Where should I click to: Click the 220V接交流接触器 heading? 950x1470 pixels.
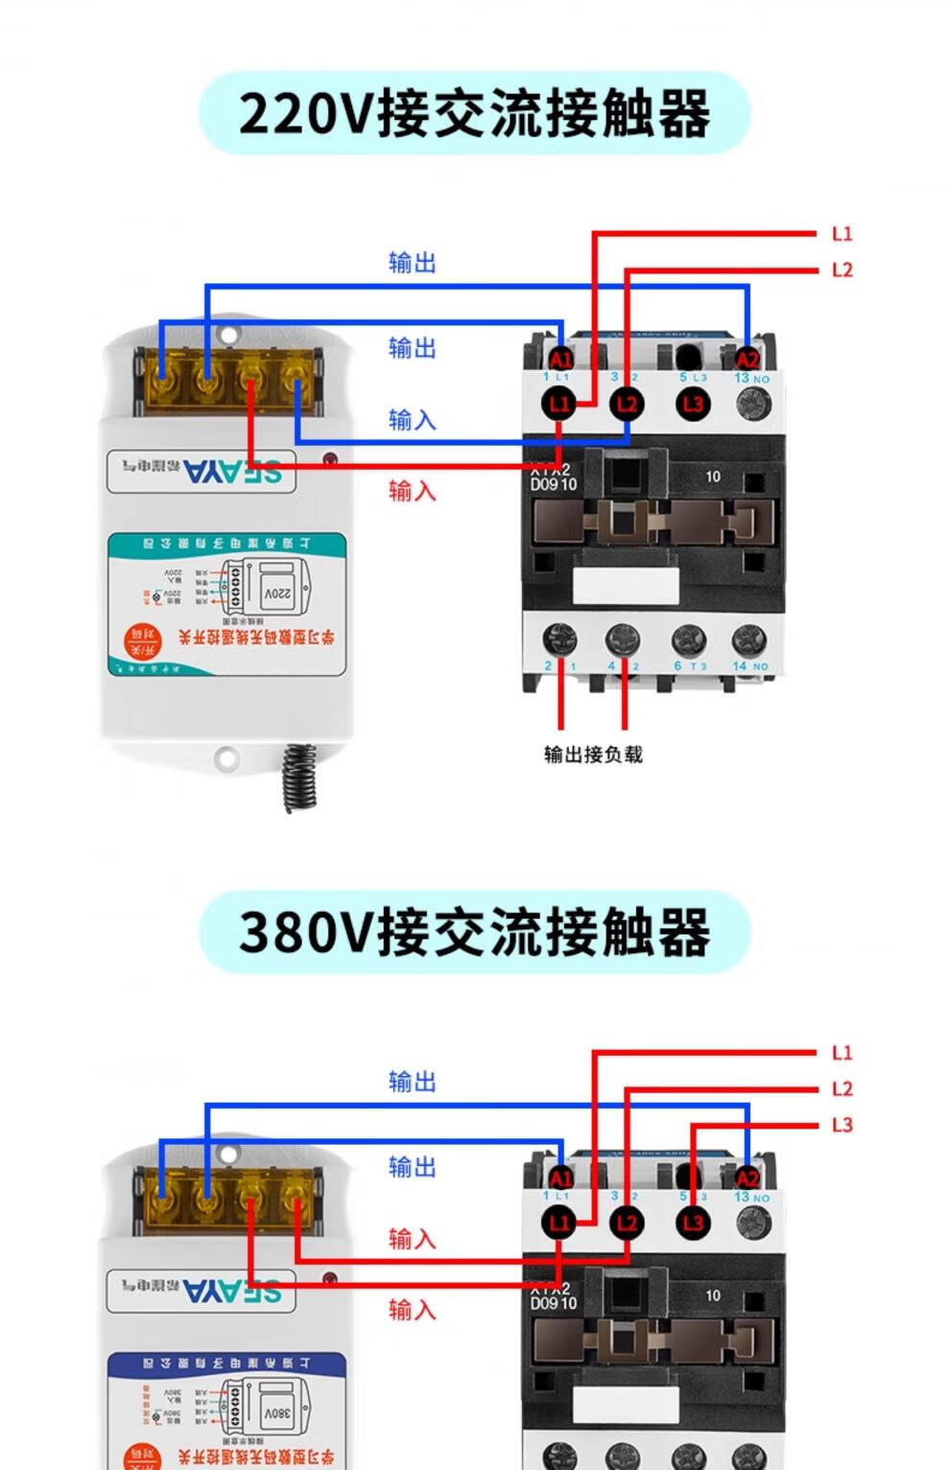point(474,113)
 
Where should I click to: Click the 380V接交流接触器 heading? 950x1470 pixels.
point(474,932)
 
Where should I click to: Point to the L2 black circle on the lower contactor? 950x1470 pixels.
point(627,1223)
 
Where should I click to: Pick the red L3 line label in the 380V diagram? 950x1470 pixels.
point(842,1125)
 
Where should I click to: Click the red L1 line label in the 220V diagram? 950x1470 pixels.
point(842,234)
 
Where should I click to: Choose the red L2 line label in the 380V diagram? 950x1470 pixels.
point(842,1089)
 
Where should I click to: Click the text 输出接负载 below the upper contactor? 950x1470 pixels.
point(593,755)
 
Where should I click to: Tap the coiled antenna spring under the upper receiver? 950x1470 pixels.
point(299,777)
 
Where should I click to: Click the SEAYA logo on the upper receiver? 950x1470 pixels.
point(233,471)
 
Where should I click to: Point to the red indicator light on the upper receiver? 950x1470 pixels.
point(329,459)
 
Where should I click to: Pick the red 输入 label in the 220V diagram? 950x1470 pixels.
point(412,491)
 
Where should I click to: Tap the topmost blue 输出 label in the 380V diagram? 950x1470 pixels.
point(412,1082)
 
